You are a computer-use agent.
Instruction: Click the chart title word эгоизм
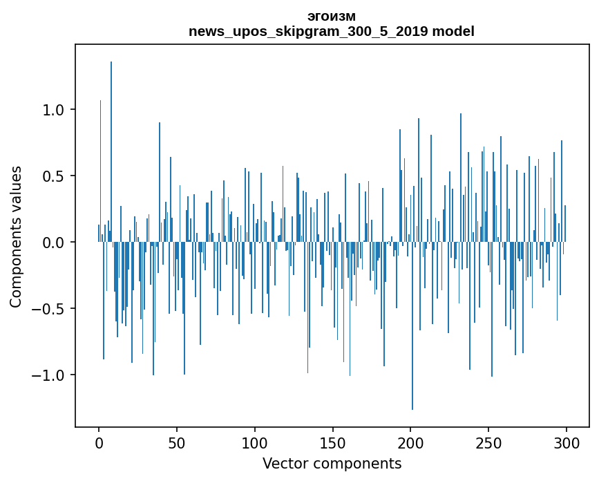332,17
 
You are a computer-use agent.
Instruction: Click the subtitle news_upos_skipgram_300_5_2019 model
332,31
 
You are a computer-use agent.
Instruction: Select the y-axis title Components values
16,236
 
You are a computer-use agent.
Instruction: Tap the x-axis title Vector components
332,463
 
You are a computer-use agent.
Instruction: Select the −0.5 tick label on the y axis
50,309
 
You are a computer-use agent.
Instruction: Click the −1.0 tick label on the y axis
50,375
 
